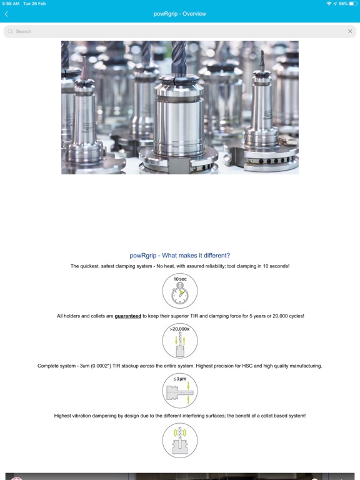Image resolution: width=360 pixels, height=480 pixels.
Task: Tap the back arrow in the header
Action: click(6, 14)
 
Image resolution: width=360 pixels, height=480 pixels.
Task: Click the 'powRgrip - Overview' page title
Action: click(180, 14)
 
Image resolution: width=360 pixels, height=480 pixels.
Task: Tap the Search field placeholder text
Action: click(24, 31)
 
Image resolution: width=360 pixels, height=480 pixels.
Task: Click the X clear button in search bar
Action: click(350, 31)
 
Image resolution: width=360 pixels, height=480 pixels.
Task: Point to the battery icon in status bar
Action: click(353, 4)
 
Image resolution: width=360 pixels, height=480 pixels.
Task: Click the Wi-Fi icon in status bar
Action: click(329, 4)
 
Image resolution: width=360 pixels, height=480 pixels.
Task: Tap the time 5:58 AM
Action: click(11, 4)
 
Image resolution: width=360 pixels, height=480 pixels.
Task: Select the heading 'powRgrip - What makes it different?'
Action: click(180, 255)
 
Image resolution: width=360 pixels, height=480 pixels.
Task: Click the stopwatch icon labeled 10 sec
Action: click(180, 291)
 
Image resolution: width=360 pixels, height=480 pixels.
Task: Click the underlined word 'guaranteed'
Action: click(128, 316)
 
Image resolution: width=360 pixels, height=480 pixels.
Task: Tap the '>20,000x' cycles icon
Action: click(180, 341)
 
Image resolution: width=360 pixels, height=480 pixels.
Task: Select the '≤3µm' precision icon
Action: click(180, 391)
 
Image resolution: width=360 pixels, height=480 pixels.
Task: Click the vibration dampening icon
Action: click(180, 441)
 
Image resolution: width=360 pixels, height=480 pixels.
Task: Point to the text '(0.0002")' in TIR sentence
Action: click(101, 366)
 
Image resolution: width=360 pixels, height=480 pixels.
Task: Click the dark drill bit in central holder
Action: click(179, 58)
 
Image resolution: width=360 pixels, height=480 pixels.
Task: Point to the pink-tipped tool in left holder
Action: click(84, 68)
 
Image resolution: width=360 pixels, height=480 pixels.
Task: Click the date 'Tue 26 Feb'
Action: click(34, 4)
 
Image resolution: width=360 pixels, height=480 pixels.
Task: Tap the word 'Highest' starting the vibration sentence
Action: click(62, 416)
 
